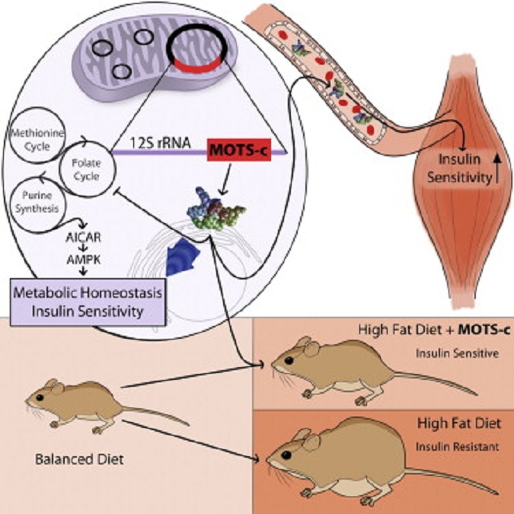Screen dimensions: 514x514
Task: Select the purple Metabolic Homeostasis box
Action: point(87,297)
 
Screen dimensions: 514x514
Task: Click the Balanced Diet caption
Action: point(66,460)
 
